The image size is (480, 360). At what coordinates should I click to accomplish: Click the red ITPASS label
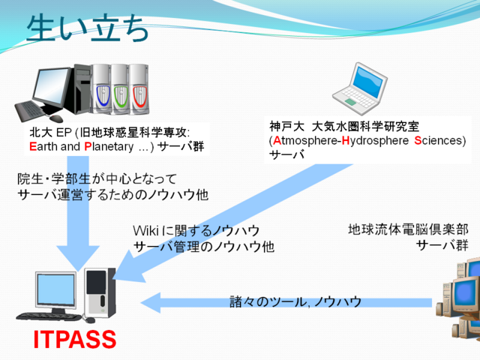coord(75,340)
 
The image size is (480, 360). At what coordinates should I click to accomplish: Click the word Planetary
coord(111,146)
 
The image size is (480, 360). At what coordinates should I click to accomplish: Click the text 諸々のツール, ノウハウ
coord(295,302)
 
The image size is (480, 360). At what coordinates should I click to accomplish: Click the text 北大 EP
coord(47,132)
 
